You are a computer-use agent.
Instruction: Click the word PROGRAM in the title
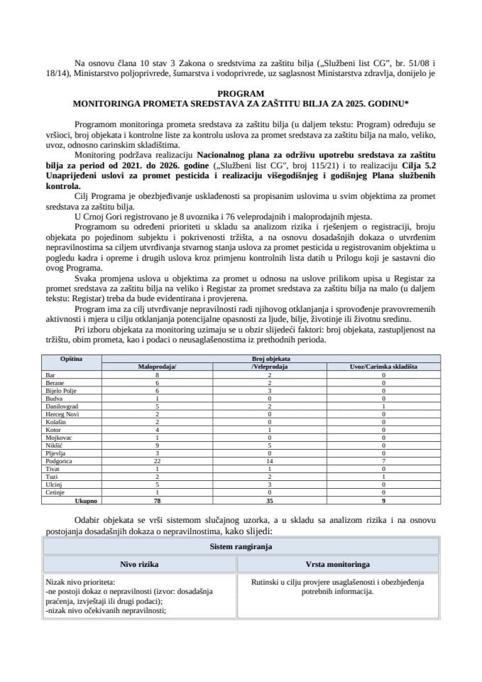(x=241, y=93)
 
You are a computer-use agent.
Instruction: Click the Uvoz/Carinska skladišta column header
(x=383, y=367)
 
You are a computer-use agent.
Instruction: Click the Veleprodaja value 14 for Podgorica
(x=264, y=460)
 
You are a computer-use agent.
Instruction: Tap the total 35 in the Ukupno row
(x=264, y=500)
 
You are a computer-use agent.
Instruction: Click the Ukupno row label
(x=70, y=500)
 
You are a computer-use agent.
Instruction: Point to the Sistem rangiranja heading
(x=241, y=548)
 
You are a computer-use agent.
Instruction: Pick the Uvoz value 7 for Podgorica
(x=383, y=460)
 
